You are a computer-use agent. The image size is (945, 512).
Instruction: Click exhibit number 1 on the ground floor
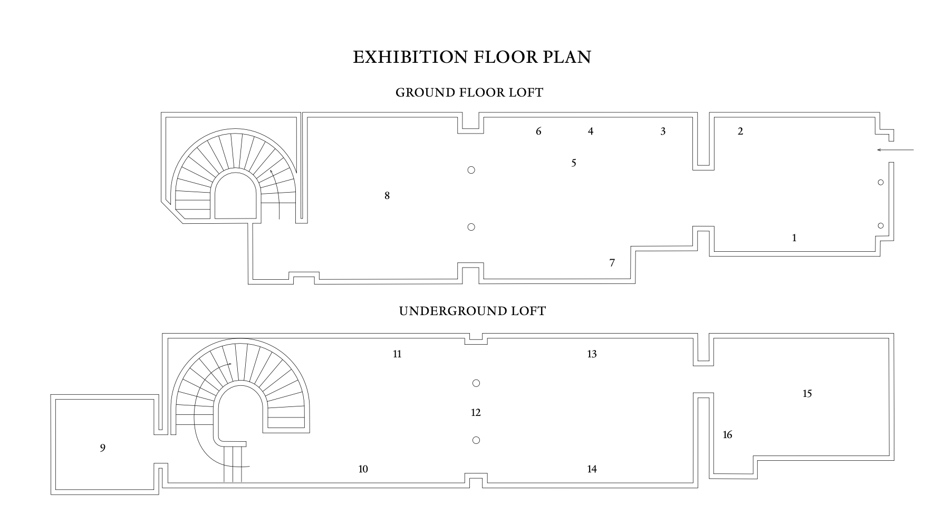(x=794, y=238)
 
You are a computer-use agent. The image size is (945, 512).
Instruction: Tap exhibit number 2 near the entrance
(x=740, y=131)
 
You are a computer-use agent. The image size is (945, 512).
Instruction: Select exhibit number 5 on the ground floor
(x=574, y=163)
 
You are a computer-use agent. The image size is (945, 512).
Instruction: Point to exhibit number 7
(x=612, y=263)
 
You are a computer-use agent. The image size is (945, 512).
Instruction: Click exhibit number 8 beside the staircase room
(x=387, y=196)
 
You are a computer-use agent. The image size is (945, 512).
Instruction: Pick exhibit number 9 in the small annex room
(x=102, y=448)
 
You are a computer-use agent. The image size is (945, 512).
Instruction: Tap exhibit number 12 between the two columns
(x=476, y=413)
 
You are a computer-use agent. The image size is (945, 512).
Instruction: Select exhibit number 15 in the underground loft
(x=807, y=394)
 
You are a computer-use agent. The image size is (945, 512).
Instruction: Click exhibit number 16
(x=727, y=435)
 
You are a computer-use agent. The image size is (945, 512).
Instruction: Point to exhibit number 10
(x=363, y=469)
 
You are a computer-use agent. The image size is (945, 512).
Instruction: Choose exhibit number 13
(x=592, y=354)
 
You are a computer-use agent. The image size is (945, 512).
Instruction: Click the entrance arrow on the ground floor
(x=895, y=150)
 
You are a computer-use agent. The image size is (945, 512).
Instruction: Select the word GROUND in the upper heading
(x=426, y=92)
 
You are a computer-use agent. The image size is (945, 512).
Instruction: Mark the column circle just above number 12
(x=476, y=383)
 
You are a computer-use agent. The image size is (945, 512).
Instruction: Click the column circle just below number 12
(x=476, y=440)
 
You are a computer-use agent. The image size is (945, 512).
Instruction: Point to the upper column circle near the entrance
(x=881, y=183)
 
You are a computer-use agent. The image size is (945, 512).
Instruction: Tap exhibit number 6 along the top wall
(x=538, y=131)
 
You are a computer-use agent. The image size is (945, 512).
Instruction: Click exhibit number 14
(x=592, y=469)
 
